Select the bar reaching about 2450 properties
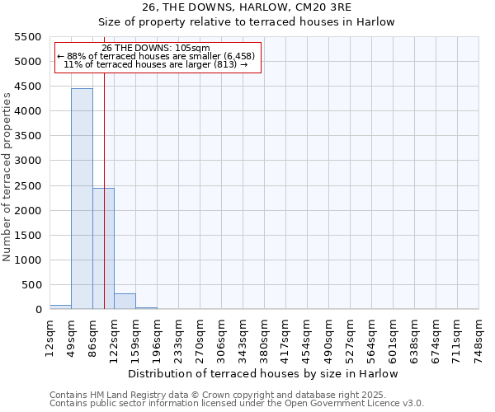[103, 248]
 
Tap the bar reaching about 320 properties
[125, 301]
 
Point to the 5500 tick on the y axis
[28, 37]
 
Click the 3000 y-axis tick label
[28, 161]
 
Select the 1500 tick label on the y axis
[28, 236]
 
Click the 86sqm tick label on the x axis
[93, 335]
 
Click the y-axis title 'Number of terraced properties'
[8, 177]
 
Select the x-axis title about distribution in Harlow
[264, 373]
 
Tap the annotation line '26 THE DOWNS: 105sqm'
[157, 48]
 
